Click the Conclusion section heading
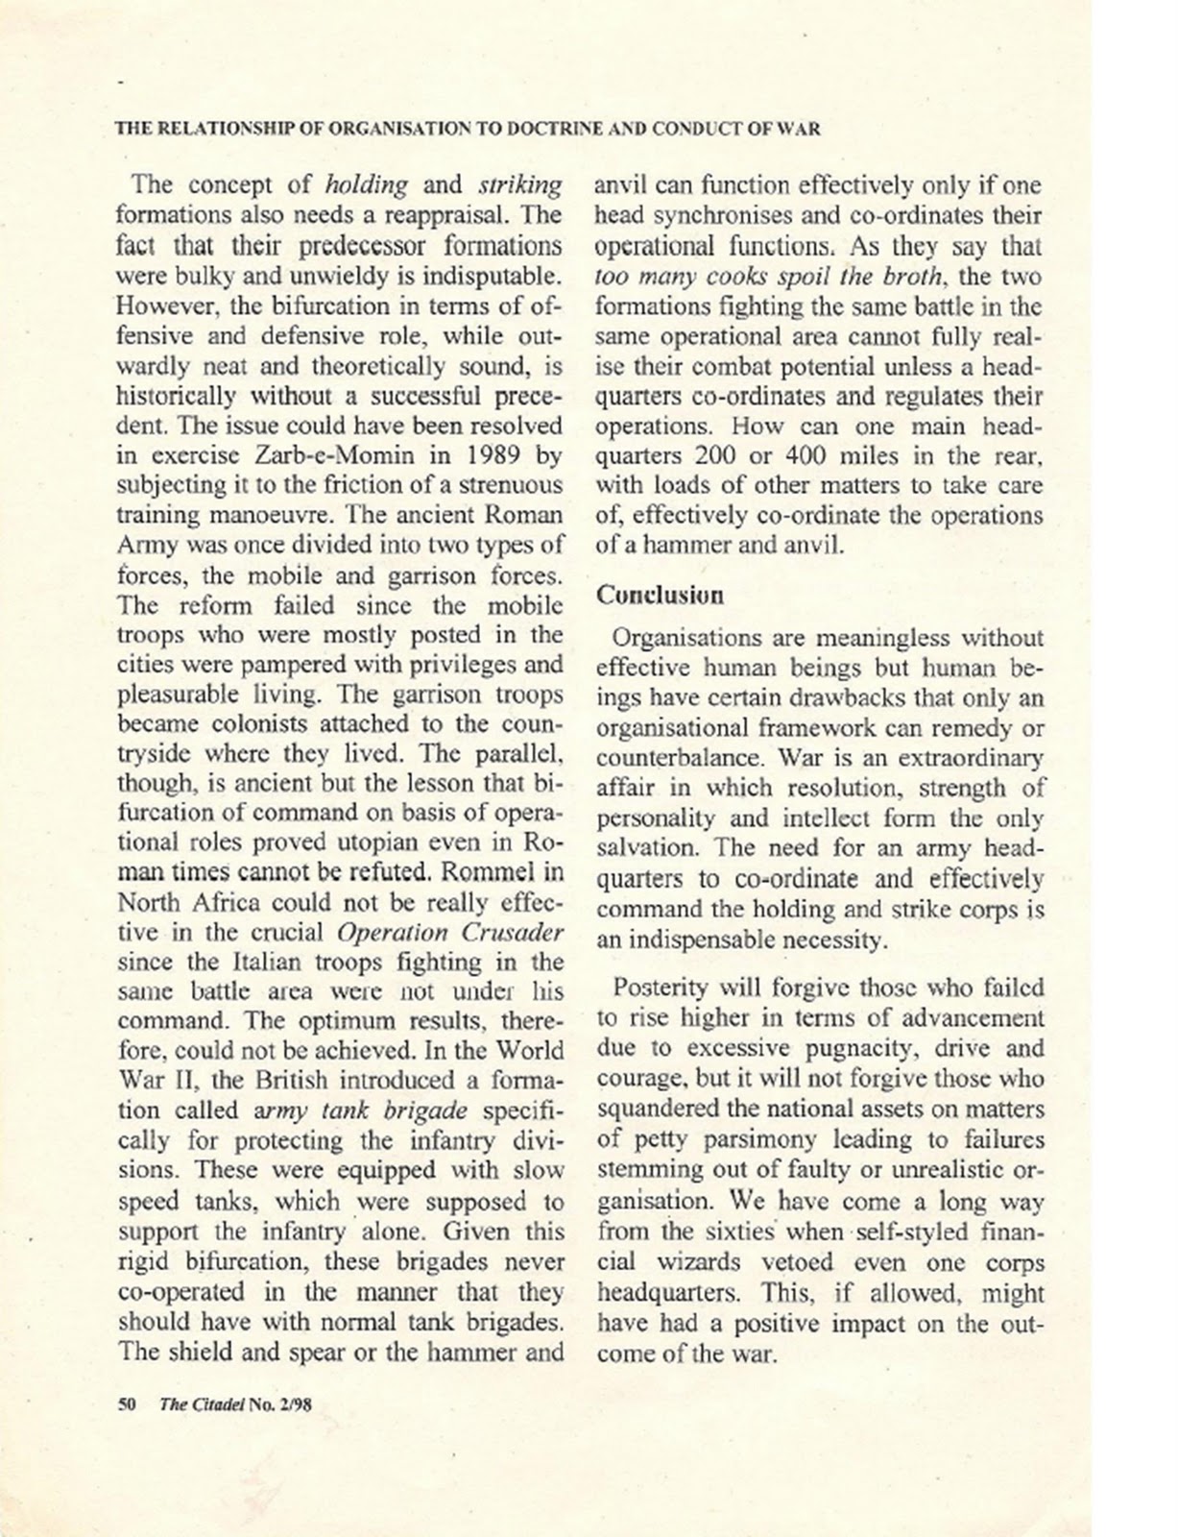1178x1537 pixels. (x=661, y=595)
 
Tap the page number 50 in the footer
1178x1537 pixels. (x=126, y=1403)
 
